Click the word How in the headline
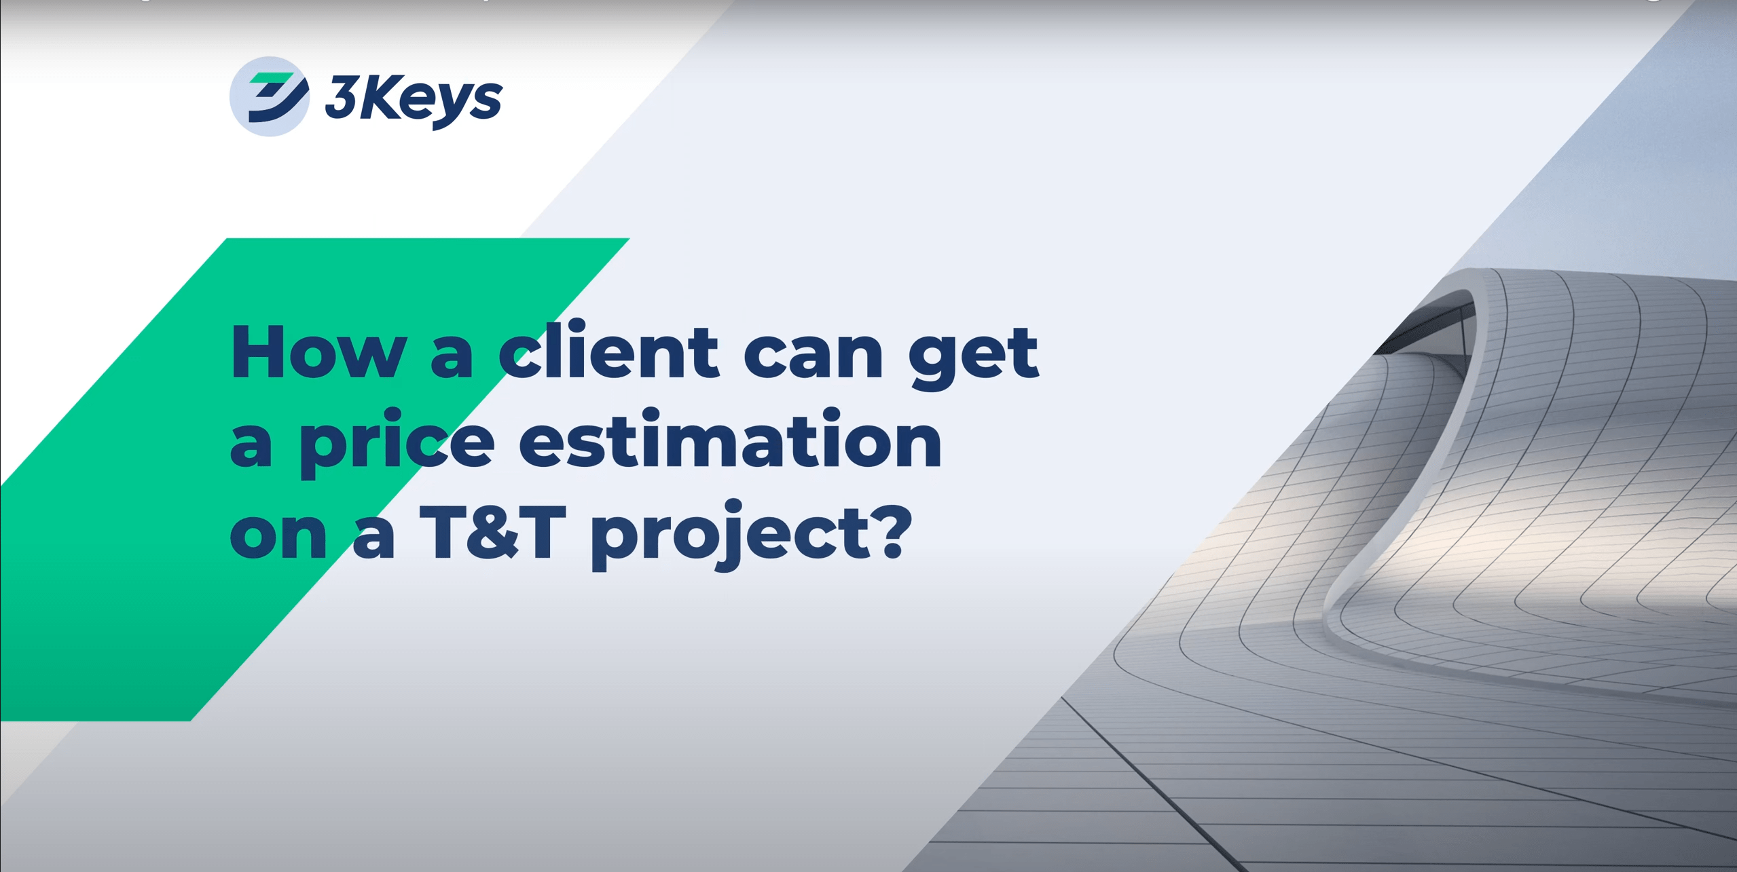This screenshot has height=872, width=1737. pyautogui.click(x=318, y=353)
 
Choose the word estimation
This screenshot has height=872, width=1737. pyautogui.click(x=730, y=441)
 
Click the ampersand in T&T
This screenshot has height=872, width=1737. pyautogui.click(x=494, y=533)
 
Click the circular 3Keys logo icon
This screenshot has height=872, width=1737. pyautogui.click(x=270, y=96)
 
